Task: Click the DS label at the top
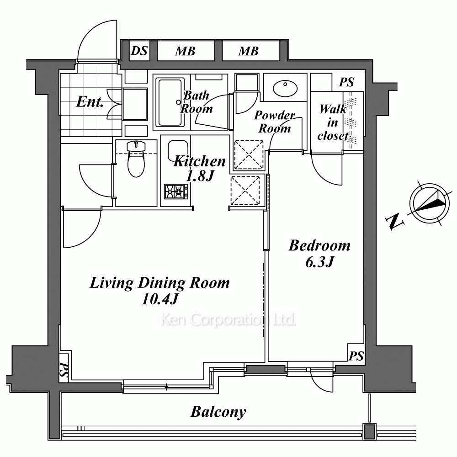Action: (139, 51)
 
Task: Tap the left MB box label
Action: (185, 52)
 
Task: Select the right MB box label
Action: (248, 52)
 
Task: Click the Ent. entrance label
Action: (90, 102)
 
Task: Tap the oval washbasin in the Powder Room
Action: (285, 88)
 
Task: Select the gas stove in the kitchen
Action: (176, 191)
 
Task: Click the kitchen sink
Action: (178, 151)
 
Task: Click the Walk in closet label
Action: (333, 122)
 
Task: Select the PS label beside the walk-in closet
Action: (346, 82)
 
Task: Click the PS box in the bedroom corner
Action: (356, 353)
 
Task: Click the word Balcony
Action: (218, 412)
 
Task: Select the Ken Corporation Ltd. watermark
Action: (228, 320)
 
